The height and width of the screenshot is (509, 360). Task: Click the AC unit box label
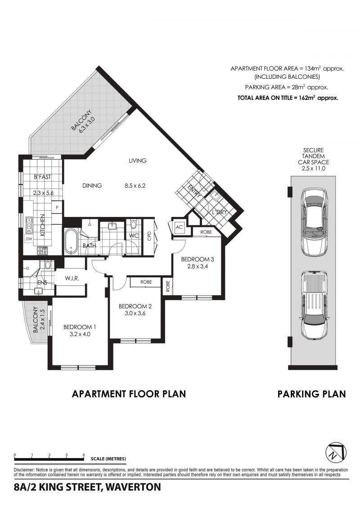pyautogui.click(x=179, y=228)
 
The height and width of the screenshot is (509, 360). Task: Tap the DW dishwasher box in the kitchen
pyautogui.click(x=29, y=239)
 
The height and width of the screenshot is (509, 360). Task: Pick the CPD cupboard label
pyautogui.click(x=149, y=236)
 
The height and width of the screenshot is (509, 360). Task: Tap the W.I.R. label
pyautogui.click(x=72, y=278)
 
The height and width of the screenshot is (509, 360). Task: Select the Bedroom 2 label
pyautogui.click(x=135, y=306)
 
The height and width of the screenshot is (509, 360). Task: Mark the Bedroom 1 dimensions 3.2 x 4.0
pyautogui.click(x=80, y=334)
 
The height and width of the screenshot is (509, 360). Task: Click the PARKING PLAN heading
pyautogui.click(x=312, y=394)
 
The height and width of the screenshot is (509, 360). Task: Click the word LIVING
pyautogui.click(x=138, y=160)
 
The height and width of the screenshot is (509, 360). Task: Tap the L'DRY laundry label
pyautogui.click(x=220, y=212)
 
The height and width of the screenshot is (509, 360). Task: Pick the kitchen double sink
pyautogui.click(x=29, y=222)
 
